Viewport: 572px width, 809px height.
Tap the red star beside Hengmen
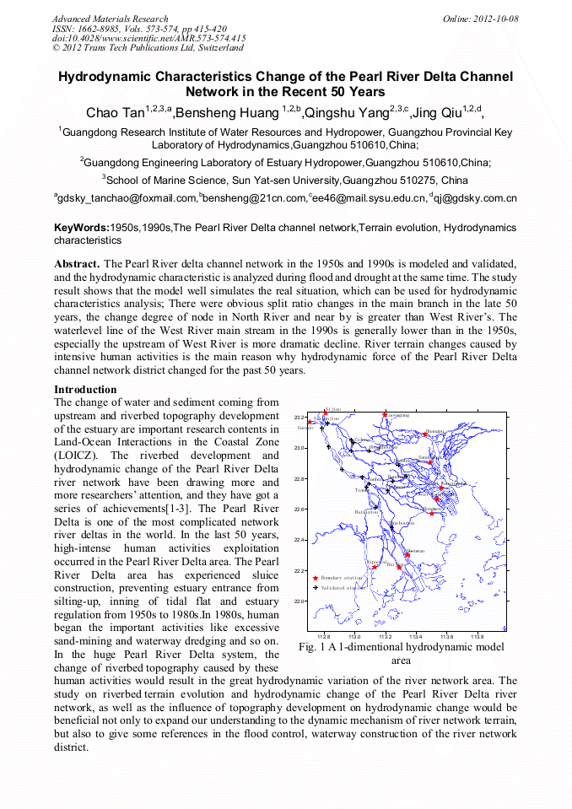click(x=431, y=513)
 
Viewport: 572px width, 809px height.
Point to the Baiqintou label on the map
click(x=366, y=512)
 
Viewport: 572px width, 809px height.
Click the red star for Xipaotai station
click(x=374, y=567)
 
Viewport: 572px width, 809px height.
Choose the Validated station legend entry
click(x=342, y=587)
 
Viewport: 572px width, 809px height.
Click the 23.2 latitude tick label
click(x=298, y=418)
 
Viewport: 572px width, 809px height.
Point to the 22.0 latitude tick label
click(x=298, y=601)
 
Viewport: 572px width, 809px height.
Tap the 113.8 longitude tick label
click(x=477, y=636)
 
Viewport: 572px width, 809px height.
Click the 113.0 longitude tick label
click(x=354, y=636)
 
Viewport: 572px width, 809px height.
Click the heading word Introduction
click(x=85, y=390)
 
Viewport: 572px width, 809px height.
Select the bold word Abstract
click(x=78, y=263)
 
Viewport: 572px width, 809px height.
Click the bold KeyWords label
click(x=82, y=228)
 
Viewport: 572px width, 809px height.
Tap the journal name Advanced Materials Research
click(x=110, y=19)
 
